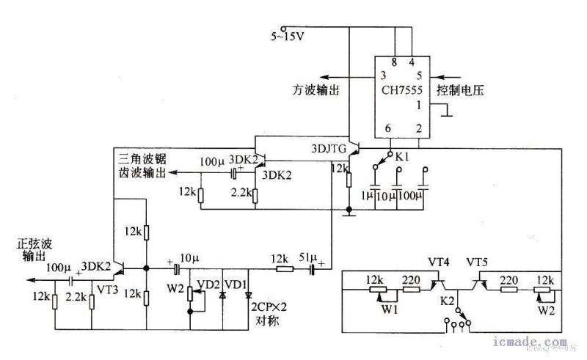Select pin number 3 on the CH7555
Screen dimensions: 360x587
pos(382,76)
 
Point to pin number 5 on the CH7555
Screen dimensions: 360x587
pos(419,76)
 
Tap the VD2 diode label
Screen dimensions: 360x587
pos(205,284)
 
